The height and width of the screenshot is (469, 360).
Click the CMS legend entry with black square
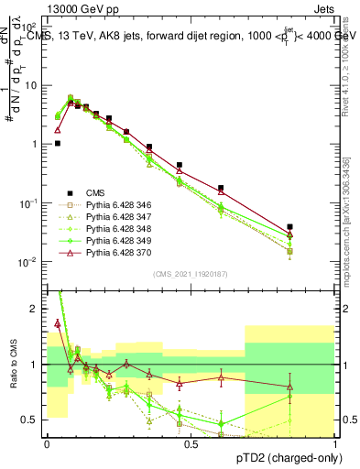pos(94,192)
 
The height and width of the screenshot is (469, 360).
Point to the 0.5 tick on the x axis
pos(191,443)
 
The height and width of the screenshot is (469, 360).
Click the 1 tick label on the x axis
pos(334,443)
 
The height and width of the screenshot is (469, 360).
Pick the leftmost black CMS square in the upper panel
pos(57,143)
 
